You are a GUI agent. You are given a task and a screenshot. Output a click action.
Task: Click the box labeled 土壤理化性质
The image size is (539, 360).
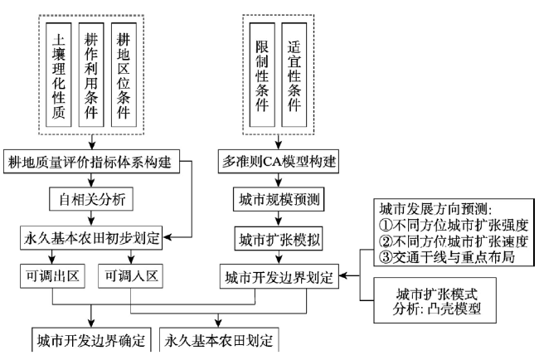coord(59,75)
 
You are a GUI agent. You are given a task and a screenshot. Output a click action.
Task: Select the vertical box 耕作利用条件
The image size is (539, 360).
coord(91,75)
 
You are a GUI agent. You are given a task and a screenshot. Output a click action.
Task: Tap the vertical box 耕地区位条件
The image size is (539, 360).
coord(124,75)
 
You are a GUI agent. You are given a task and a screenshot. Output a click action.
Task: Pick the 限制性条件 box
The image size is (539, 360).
coord(262,75)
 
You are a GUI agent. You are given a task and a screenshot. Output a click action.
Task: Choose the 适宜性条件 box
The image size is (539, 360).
coord(294,75)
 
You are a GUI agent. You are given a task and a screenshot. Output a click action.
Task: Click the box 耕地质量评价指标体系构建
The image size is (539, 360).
coord(92,161)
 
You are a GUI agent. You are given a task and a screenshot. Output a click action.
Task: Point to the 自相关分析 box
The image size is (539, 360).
coord(91,199)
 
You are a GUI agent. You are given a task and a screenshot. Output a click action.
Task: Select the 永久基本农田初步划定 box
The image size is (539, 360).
coord(91,238)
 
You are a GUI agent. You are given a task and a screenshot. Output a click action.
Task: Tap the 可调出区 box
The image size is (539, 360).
coord(52,275)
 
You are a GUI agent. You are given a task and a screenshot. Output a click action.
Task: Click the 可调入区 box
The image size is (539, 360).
coord(131,275)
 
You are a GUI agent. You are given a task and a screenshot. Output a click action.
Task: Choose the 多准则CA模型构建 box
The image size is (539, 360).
coord(279,161)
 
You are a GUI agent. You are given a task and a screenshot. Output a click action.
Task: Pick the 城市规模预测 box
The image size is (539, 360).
coord(279,199)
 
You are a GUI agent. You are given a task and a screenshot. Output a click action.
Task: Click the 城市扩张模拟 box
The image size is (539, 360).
coord(279,239)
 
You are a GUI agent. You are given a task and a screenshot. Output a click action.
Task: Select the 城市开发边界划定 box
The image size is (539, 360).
coord(279,276)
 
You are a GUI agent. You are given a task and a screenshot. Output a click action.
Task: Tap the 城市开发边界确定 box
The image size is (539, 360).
coord(91,340)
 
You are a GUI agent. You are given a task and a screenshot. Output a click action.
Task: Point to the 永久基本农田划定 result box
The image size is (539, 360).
coord(219,340)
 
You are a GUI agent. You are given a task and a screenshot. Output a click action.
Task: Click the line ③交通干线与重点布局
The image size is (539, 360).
coord(447,257)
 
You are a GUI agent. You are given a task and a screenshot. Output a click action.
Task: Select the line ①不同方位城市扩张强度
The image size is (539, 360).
coord(454,226)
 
